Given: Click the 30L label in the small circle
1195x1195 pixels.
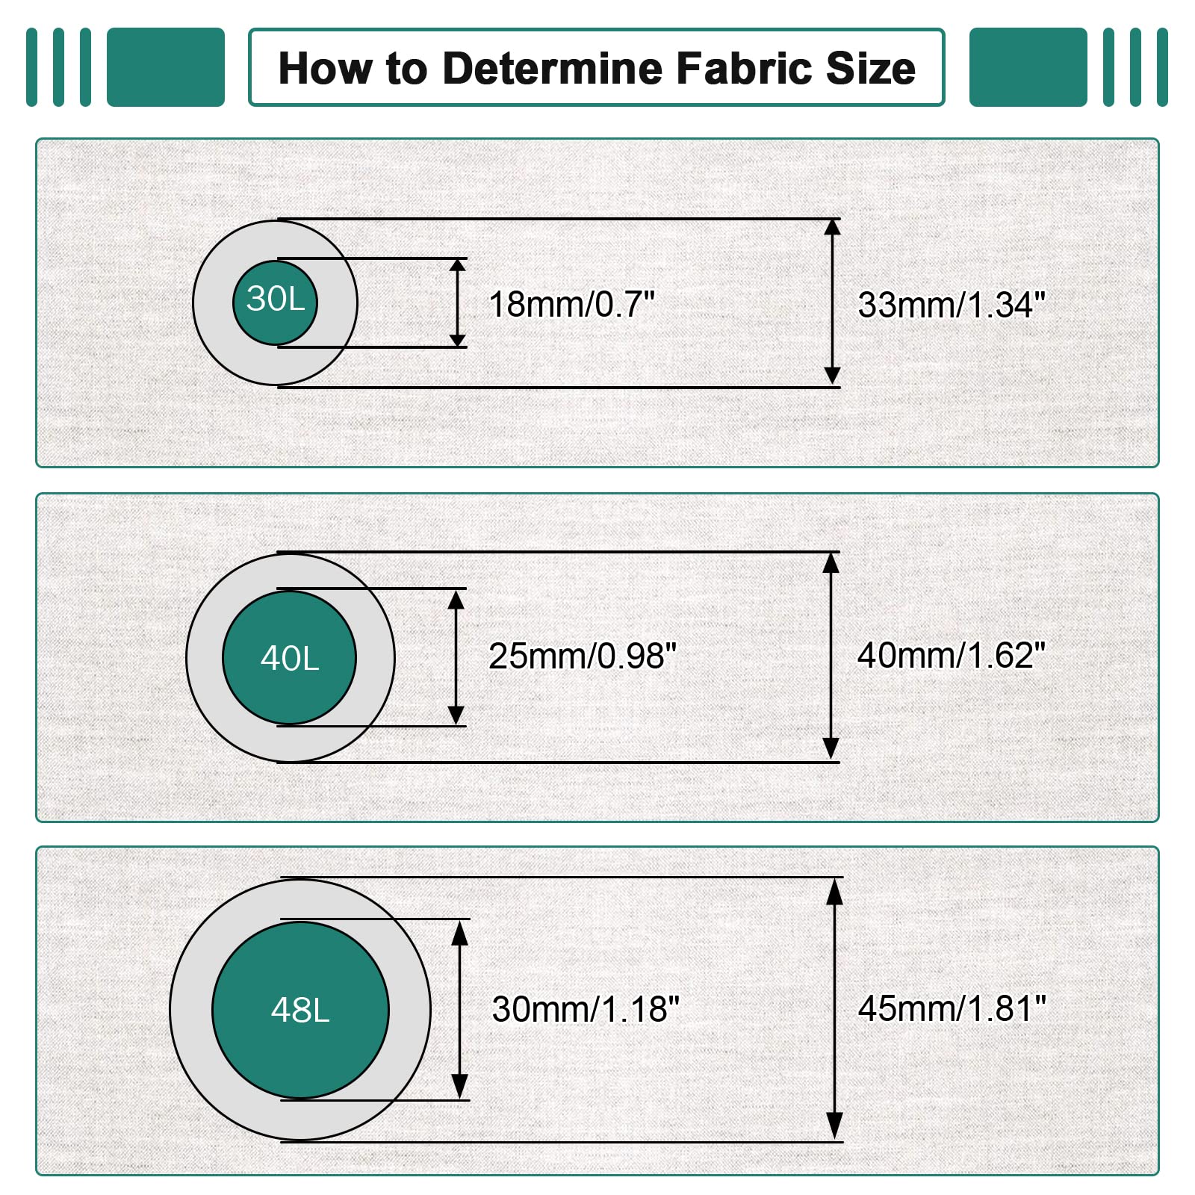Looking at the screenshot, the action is pyautogui.click(x=276, y=299).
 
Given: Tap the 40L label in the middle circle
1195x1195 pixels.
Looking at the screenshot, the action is pyautogui.click(x=290, y=659).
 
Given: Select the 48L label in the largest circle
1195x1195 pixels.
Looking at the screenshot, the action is pyautogui.click(x=300, y=1011).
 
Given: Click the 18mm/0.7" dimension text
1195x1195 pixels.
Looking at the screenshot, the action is pyautogui.click(x=571, y=305).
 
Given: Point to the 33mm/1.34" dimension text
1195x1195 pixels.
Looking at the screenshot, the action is pyautogui.click(x=952, y=305).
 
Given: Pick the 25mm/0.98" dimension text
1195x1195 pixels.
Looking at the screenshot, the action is pyautogui.click(x=583, y=657).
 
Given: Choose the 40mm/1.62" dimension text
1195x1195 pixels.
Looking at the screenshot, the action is pyautogui.click(x=952, y=655).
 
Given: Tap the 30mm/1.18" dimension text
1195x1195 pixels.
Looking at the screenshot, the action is pyautogui.click(x=586, y=1009).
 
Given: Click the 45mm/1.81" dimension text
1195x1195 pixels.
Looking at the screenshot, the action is pyautogui.click(x=952, y=1008).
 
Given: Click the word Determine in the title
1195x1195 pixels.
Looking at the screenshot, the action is pyautogui.click(x=553, y=69).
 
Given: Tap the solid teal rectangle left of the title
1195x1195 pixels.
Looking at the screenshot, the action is pyautogui.click(x=166, y=67).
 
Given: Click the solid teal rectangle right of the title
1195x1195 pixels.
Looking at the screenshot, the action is pyautogui.click(x=1028, y=67).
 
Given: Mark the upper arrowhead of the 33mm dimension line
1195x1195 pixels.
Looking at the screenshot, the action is pyautogui.click(x=832, y=227).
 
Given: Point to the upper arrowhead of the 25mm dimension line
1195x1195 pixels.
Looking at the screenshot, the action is pyautogui.click(x=456, y=599).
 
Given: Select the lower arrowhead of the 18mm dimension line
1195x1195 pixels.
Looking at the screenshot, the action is pyautogui.click(x=458, y=338).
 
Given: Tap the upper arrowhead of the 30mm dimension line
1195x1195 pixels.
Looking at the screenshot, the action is pyautogui.click(x=460, y=933).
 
